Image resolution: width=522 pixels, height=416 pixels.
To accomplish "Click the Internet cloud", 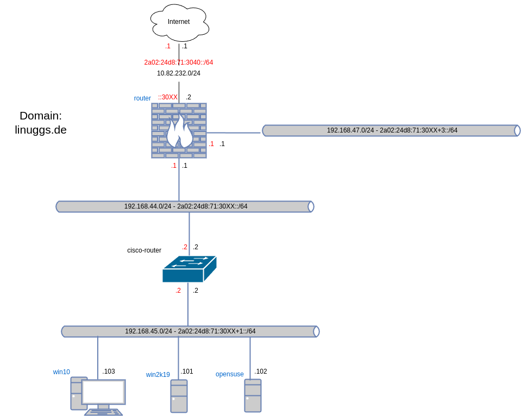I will click(179, 22).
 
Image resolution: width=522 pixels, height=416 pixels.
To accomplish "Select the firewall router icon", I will click(179, 130).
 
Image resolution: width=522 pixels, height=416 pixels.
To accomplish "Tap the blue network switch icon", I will click(189, 269).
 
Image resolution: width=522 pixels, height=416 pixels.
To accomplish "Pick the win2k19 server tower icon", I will click(179, 396).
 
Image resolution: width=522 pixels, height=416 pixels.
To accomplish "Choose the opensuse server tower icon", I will click(253, 395).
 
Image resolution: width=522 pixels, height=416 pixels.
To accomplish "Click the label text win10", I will click(61, 372).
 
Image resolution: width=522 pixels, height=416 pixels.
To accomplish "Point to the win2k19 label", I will click(158, 375).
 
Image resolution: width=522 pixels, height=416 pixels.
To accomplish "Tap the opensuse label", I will click(229, 374).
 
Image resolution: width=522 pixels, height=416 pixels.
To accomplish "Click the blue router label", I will click(142, 98).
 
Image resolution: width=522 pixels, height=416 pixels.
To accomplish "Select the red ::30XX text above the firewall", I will click(168, 97).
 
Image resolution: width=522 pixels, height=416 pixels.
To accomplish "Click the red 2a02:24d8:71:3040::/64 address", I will click(179, 62).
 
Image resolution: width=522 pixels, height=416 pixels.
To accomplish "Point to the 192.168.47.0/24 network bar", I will click(391, 130).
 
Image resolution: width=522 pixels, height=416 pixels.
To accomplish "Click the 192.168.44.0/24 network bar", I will click(185, 206).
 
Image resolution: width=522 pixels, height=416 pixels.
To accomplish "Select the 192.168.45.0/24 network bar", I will click(190, 331).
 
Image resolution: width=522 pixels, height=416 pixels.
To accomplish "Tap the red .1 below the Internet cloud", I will click(168, 46).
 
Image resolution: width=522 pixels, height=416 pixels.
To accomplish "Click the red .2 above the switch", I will click(185, 247).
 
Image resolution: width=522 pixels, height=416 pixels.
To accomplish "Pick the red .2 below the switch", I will click(178, 291).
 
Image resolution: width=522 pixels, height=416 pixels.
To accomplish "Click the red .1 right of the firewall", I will click(211, 144).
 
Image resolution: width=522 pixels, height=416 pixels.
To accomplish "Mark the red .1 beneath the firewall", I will click(174, 166).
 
